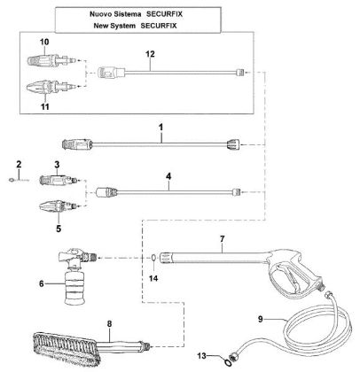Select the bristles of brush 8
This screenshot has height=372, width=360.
pos(57,348)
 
